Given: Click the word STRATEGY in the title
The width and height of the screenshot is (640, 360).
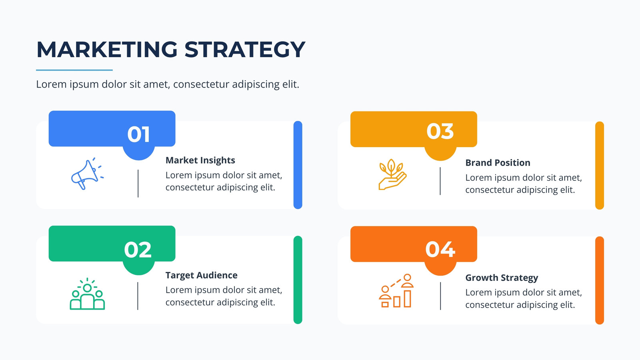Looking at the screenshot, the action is pos(245,50).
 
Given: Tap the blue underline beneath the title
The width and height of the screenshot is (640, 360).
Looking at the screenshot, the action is pos(74,70).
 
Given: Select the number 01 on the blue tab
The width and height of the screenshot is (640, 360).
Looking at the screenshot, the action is pos(138,134).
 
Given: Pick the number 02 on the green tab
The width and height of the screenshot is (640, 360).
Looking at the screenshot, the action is pos(138,250).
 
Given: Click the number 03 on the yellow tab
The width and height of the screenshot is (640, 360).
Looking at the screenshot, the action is pos(440,132).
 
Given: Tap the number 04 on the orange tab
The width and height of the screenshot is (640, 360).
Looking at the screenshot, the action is pos(440,250).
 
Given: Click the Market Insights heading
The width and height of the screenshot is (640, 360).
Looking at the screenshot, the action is pos(200,160).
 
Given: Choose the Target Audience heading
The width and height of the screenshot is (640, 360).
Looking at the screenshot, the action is pos(202,275).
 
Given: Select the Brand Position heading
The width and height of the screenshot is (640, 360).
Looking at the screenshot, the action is pos(498,162).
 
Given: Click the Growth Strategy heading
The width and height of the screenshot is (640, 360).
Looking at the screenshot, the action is pos(502,278).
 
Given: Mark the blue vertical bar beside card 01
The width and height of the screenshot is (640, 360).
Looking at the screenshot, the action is pos(298,165).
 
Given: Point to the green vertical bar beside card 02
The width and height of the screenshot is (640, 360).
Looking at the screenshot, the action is pos(298,280).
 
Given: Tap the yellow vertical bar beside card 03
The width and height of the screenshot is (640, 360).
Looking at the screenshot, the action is pos(600,166).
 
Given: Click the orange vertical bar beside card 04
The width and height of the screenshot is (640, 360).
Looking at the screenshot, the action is pos(600,280).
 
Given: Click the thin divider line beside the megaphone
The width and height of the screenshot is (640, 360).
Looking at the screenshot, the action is pos(138,184).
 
